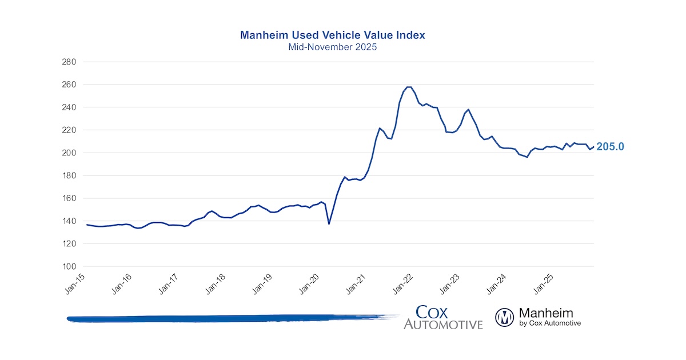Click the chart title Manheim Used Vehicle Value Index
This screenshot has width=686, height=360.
point(332,35)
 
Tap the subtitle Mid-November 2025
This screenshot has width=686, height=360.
point(332,47)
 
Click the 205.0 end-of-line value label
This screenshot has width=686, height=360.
point(610,147)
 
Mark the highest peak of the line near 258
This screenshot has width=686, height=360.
point(409,87)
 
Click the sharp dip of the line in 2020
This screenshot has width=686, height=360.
point(329,223)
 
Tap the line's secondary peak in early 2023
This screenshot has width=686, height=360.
point(469,109)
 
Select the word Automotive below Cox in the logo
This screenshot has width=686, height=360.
point(443,325)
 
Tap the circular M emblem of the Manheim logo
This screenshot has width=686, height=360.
point(505,317)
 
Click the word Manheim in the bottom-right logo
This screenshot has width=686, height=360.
point(546,313)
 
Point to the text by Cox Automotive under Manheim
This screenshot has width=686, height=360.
point(550,323)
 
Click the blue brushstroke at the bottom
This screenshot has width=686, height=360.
point(229,318)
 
